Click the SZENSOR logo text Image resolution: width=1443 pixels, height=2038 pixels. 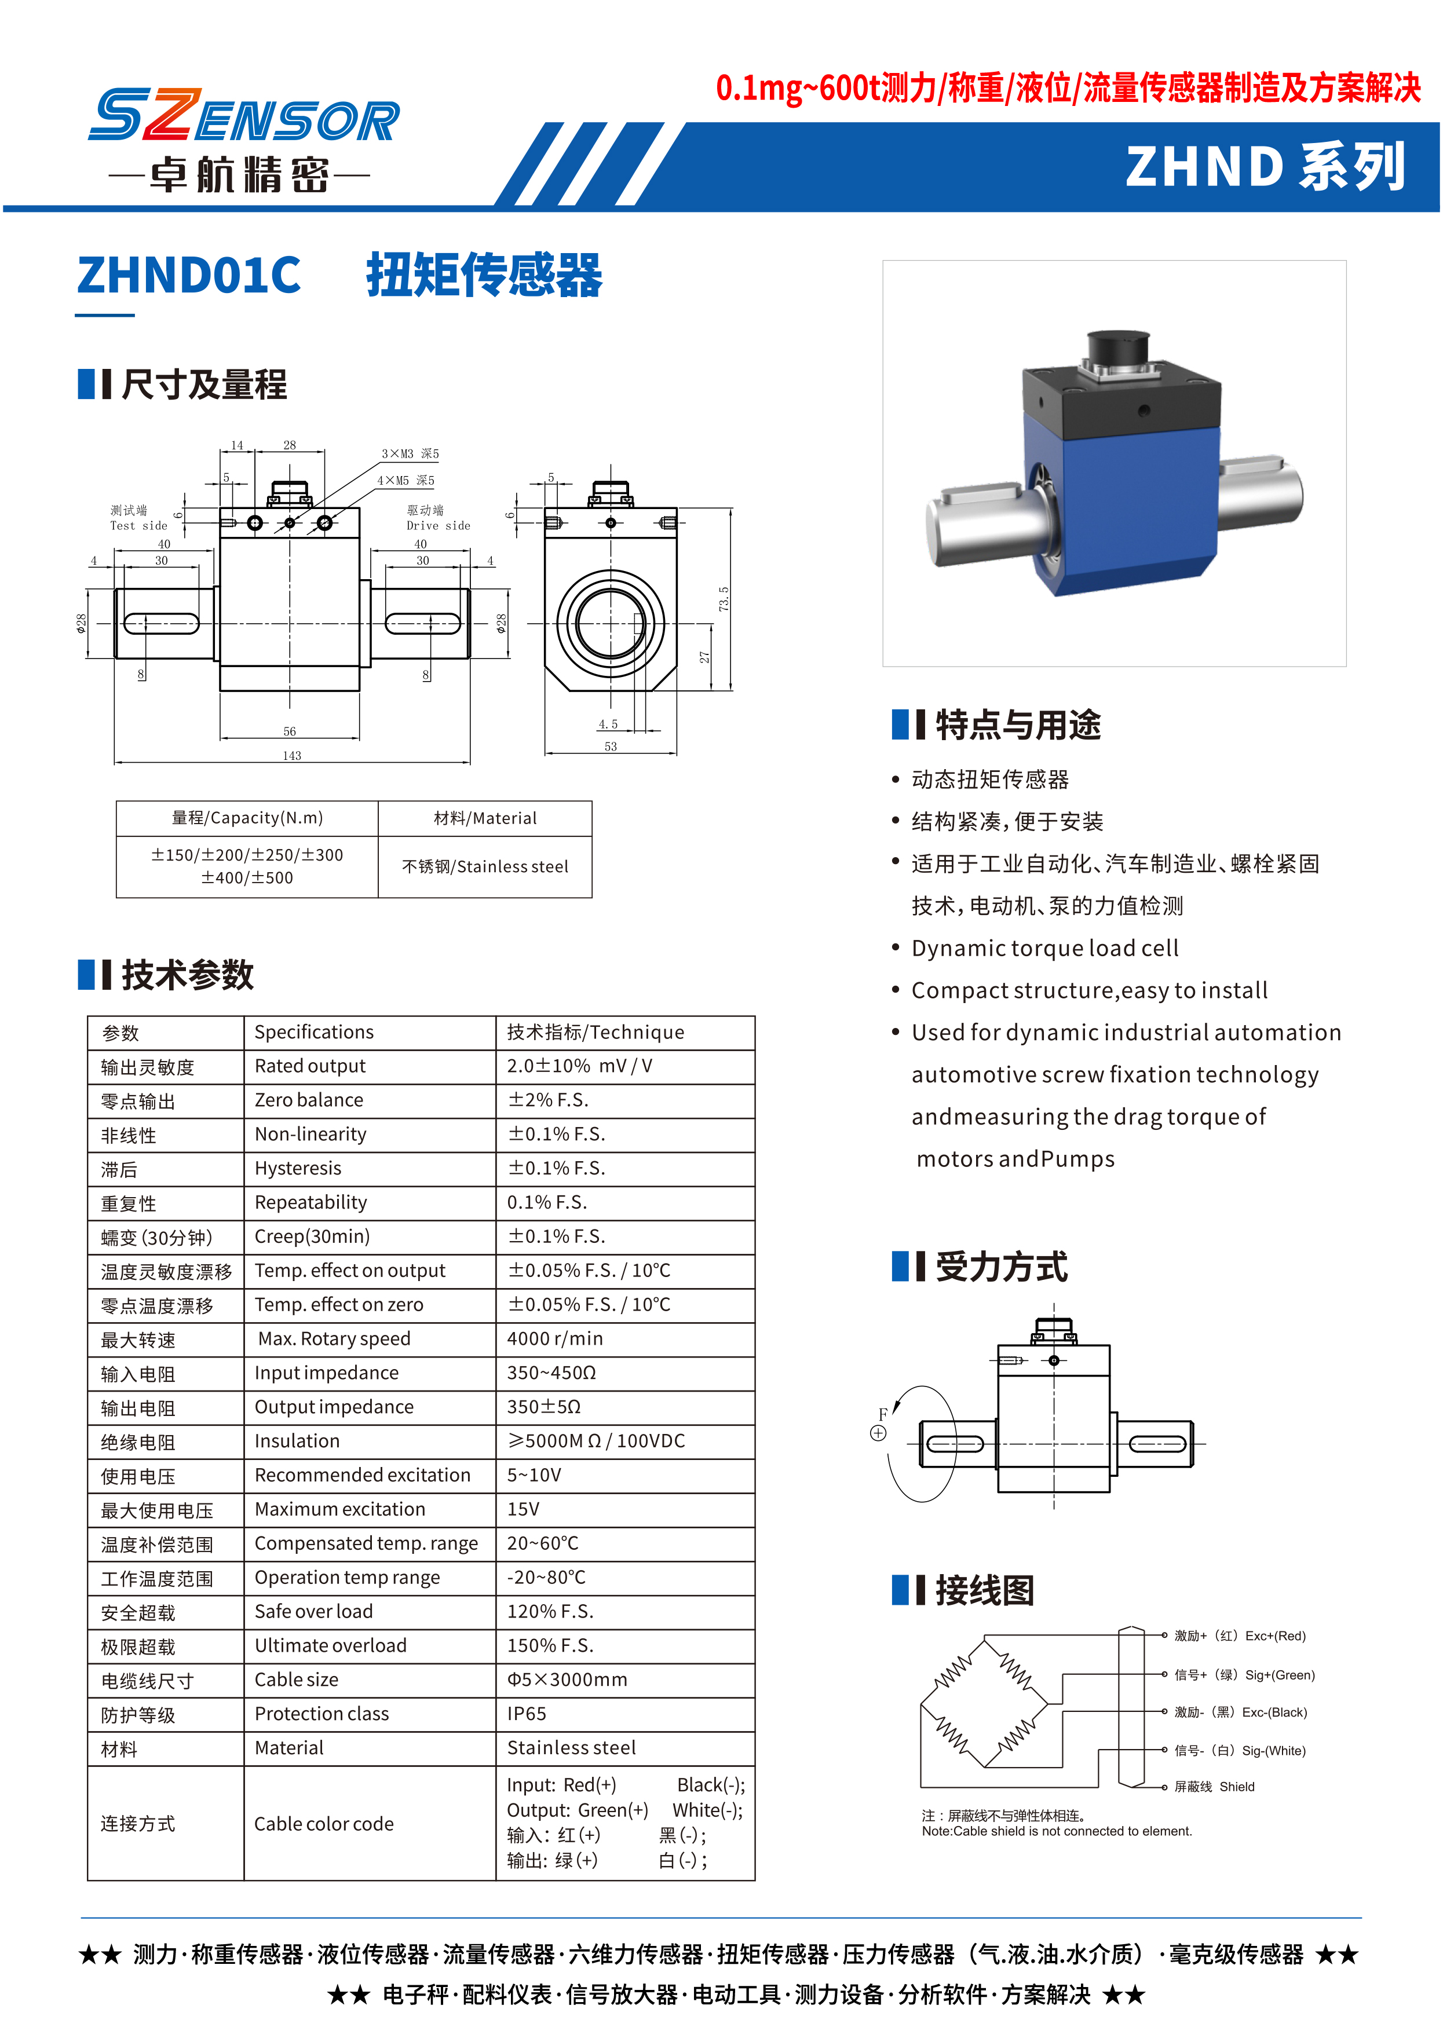(x=244, y=115)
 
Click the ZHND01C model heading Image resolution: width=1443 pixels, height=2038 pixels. (x=188, y=276)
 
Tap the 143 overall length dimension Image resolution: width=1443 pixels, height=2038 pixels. (x=291, y=756)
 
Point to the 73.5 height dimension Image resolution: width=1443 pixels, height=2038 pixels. (x=724, y=598)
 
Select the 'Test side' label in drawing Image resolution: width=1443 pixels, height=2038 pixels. (x=138, y=526)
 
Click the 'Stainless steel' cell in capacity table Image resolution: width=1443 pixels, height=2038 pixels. (x=485, y=867)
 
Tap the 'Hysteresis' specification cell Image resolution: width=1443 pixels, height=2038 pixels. (x=298, y=1168)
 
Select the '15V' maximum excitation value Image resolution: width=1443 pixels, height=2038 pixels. (x=523, y=1509)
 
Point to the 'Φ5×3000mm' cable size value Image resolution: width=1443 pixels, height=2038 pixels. (x=567, y=1680)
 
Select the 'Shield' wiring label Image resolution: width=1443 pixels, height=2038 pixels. (x=1236, y=1787)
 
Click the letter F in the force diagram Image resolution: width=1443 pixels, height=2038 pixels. (x=882, y=1414)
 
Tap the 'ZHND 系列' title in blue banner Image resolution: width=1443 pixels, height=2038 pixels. (x=1265, y=167)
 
